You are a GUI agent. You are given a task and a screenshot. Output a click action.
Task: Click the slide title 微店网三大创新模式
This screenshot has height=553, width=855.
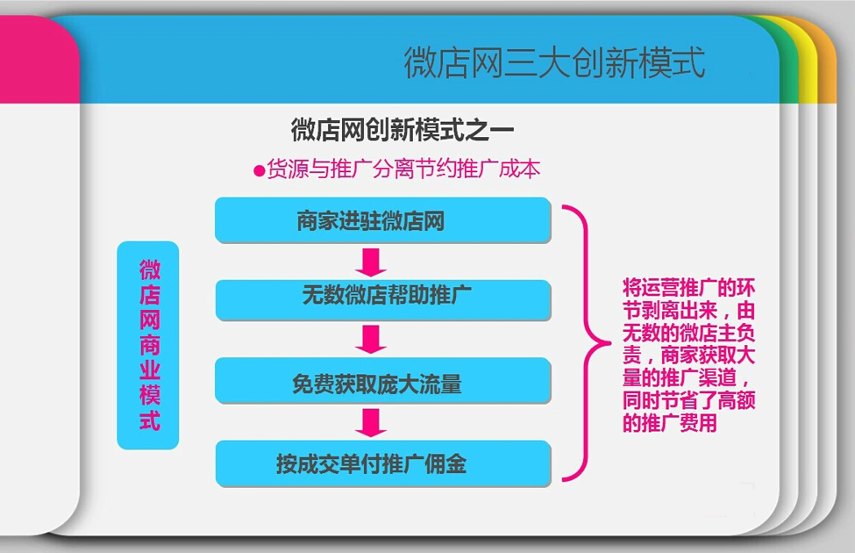tap(554, 62)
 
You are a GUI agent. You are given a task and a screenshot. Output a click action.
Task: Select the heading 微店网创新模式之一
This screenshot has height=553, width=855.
tap(403, 130)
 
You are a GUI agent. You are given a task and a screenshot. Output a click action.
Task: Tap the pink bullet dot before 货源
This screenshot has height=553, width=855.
tap(260, 171)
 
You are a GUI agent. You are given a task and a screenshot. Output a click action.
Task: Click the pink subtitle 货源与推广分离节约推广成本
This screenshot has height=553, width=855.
tap(403, 169)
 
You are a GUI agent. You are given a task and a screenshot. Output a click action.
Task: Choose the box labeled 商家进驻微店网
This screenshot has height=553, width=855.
tap(383, 220)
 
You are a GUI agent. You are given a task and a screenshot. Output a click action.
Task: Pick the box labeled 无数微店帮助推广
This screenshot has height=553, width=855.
tap(383, 299)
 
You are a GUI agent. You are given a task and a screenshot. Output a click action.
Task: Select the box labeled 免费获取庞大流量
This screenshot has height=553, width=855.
tap(383, 380)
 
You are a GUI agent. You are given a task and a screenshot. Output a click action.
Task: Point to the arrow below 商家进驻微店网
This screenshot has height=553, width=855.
tap(371, 262)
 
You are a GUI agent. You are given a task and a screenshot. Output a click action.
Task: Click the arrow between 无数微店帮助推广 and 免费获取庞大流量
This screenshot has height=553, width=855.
tap(371, 340)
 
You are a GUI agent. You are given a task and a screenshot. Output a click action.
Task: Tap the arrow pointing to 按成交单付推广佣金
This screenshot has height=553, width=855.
tap(371, 423)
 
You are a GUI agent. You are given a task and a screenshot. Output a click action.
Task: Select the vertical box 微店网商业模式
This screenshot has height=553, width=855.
tap(148, 345)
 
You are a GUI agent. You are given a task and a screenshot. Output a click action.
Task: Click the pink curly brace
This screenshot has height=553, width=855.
tap(587, 343)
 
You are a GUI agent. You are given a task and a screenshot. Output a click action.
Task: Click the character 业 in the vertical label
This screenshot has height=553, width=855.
tap(149, 370)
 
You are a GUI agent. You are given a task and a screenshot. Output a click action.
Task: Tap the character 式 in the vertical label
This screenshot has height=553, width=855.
tap(149, 420)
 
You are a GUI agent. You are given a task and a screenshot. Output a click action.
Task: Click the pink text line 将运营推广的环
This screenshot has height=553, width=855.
tap(688, 288)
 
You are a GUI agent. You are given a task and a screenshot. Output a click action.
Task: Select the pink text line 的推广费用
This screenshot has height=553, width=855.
tap(670, 423)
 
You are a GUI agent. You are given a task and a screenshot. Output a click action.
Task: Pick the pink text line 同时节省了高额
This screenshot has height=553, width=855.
tap(688, 400)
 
